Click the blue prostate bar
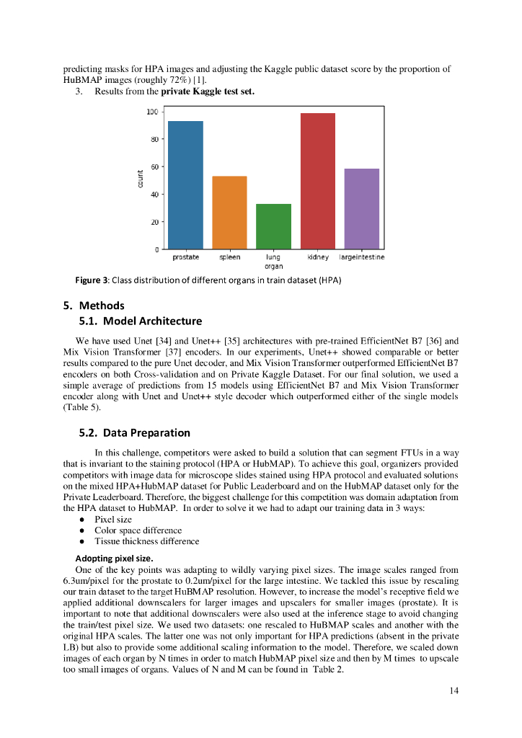pos(185,185)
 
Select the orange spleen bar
pos(229,213)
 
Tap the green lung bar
pos(273,226)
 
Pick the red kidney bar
pos(317,181)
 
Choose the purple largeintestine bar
pos(361,209)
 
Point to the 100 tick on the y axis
pos(153,112)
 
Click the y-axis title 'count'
pos(139,180)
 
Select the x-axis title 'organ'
pos(273,266)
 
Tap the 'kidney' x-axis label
pos(317,257)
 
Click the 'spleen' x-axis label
pos(229,257)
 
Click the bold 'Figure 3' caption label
pos(92,280)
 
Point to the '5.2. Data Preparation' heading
pos(134,433)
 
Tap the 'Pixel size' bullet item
pos(113,520)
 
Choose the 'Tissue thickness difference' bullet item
pos(146,541)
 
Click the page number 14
pos(454,691)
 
